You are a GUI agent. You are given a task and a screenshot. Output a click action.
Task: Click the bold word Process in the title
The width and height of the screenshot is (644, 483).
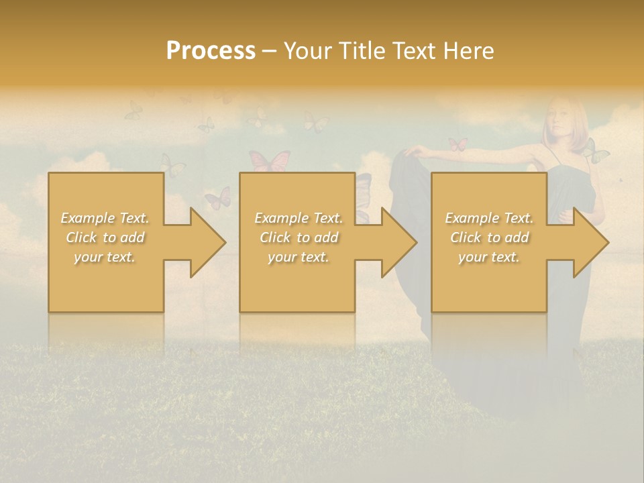(211, 51)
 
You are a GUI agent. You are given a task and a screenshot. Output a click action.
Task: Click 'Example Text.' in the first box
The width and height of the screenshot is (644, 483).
(105, 218)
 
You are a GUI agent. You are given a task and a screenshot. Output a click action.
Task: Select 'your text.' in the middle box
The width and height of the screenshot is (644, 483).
(298, 257)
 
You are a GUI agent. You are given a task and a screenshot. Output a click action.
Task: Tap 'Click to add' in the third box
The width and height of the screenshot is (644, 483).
(489, 237)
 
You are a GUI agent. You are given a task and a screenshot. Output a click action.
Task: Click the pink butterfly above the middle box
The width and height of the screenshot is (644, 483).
(270, 161)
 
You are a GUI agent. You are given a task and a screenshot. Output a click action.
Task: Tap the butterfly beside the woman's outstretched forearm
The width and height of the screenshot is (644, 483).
(458, 144)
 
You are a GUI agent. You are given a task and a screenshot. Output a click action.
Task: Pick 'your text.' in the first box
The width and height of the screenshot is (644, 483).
(105, 257)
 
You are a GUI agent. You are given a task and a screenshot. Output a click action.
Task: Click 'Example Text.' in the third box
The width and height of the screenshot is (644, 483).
(489, 218)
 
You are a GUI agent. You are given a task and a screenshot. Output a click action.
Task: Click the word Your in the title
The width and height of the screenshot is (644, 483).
(306, 51)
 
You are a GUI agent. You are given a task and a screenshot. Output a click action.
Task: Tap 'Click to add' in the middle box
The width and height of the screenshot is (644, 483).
(299, 237)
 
